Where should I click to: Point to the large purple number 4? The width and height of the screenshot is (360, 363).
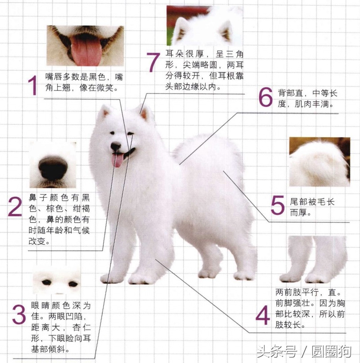pyautogui.click(x=263, y=315)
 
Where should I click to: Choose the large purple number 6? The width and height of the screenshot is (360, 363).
pyautogui.click(x=266, y=97)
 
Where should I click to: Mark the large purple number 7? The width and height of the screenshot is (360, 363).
pyautogui.click(x=153, y=62)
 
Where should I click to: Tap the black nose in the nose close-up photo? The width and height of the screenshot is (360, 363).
pyautogui.click(x=53, y=168)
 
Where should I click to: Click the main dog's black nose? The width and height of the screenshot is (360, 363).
pyautogui.click(x=116, y=146)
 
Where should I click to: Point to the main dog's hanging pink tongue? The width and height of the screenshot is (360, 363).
pyautogui.click(x=118, y=160)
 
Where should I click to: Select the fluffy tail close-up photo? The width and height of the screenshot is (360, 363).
pyautogui.click(x=319, y=162)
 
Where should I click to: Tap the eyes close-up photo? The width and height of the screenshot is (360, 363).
pyautogui.click(x=56, y=282)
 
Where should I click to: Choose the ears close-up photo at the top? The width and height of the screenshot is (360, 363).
pyautogui.click(x=204, y=25)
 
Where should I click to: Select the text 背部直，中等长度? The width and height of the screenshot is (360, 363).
pyautogui.click(x=307, y=99)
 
